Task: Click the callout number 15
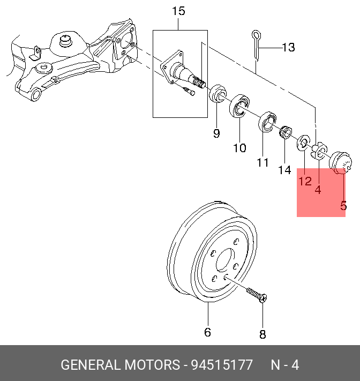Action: pyautogui.click(x=178, y=11)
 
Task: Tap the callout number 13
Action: pyautogui.click(x=288, y=48)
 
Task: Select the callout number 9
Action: pyautogui.click(x=216, y=133)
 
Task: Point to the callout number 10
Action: pyautogui.click(x=239, y=147)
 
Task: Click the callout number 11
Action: pyautogui.click(x=262, y=162)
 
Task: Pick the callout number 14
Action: pyautogui.click(x=284, y=170)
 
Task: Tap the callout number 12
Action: pyautogui.click(x=305, y=181)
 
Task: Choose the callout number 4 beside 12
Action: pyautogui.click(x=318, y=190)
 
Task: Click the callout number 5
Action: pyautogui.click(x=343, y=205)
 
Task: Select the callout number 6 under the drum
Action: pyautogui.click(x=207, y=332)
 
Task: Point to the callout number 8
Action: pyautogui.click(x=262, y=335)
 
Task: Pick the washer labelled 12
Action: pyautogui.click(x=303, y=142)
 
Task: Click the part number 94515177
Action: pyautogui.click(x=222, y=365)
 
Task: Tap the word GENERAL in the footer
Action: pyautogui.click(x=90, y=365)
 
